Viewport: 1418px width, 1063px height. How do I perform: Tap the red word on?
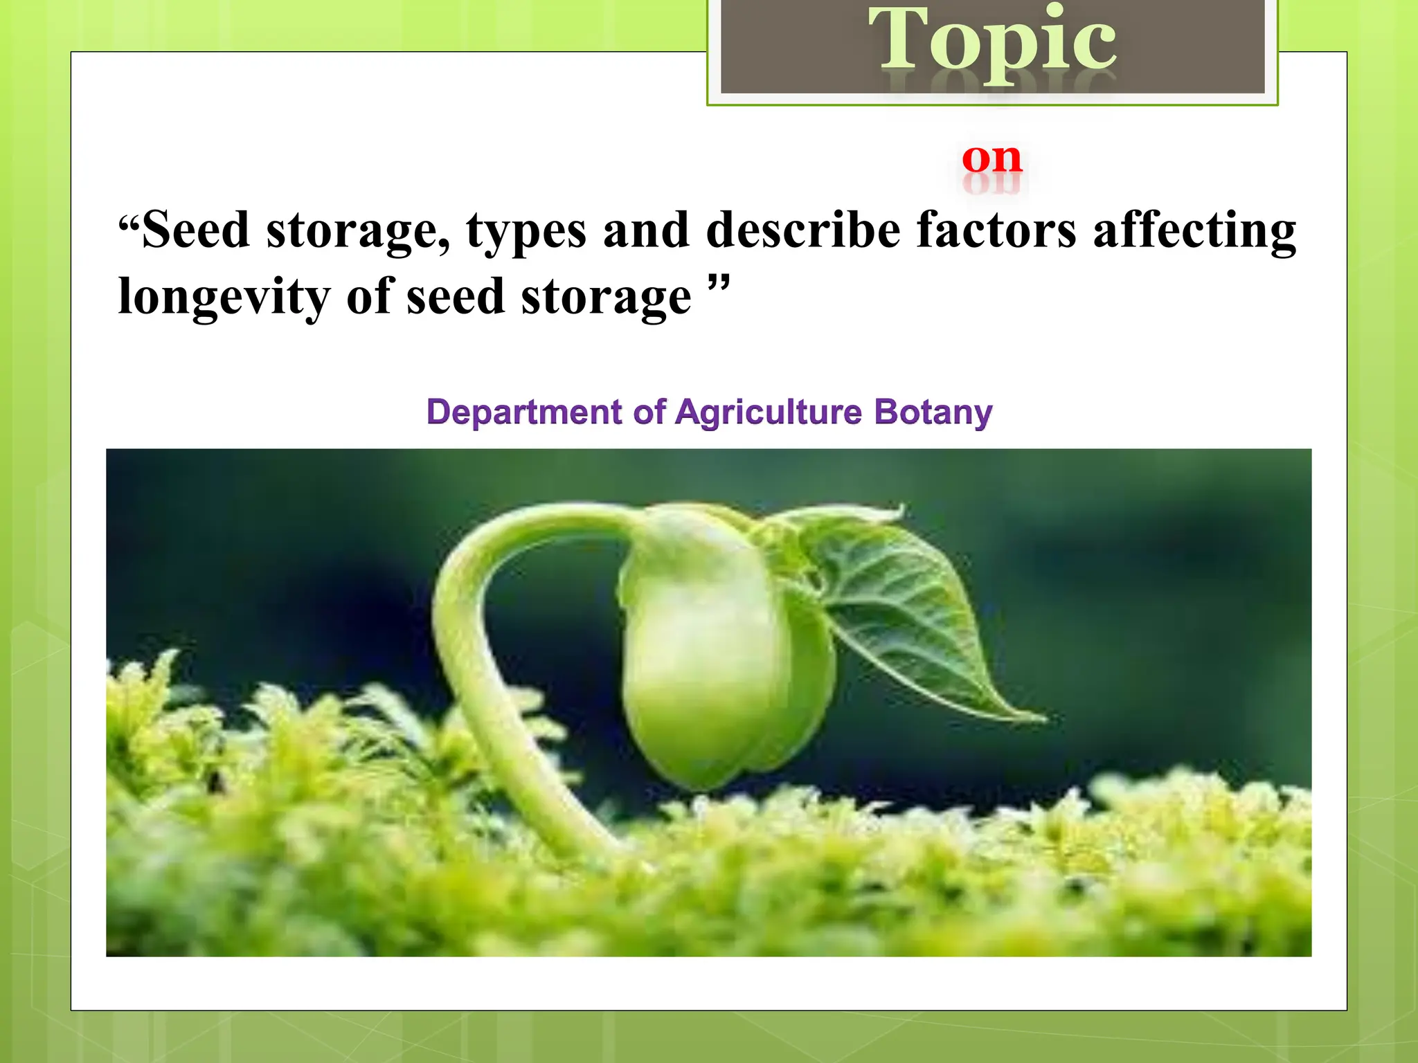coord(991,158)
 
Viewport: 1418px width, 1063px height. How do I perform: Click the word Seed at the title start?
coord(195,230)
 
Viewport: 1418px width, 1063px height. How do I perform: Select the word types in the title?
coord(526,231)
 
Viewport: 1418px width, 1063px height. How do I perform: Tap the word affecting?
coord(1194,231)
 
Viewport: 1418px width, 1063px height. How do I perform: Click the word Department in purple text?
coord(524,412)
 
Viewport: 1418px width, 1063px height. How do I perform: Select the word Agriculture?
coord(769,412)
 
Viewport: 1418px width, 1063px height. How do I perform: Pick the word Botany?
coord(933,412)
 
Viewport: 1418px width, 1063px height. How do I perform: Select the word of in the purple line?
coord(649,412)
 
